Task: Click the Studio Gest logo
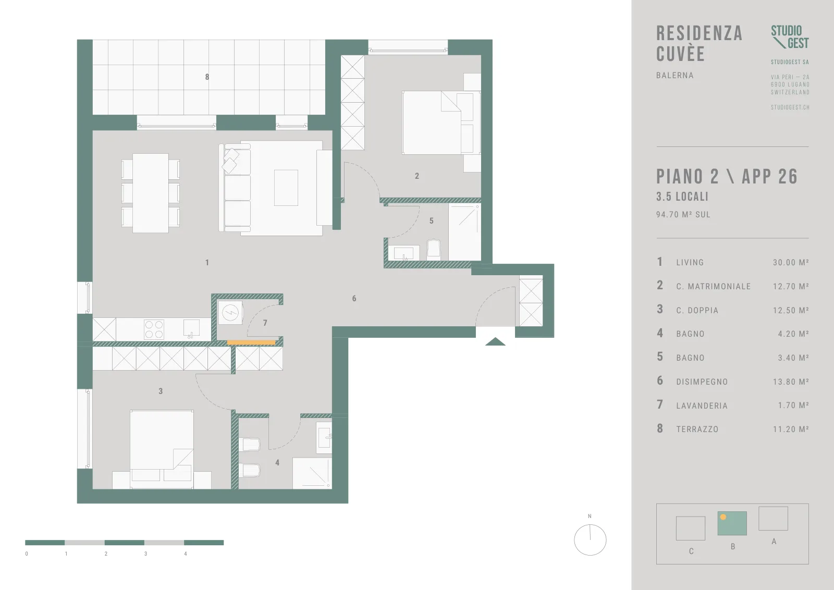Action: [790, 37]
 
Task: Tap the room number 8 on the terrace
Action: [207, 77]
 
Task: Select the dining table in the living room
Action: [151, 193]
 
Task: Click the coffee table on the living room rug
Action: [286, 188]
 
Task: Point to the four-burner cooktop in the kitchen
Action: [154, 329]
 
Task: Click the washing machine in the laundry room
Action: [230, 312]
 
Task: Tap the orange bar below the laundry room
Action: [251, 342]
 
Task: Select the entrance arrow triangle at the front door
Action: [495, 342]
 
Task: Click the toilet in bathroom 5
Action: [433, 248]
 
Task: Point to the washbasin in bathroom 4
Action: [324, 437]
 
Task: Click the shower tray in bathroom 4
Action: [312, 473]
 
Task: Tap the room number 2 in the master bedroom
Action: [417, 176]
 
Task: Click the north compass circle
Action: [590, 540]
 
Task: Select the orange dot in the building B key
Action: [723, 517]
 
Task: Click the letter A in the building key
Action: [774, 541]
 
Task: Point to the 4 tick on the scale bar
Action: [186, 554]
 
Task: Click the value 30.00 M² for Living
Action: [791, 262]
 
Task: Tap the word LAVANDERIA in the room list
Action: [702, 405]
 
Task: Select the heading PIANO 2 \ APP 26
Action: [727, 177]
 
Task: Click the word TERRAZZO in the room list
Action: [697, 429]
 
